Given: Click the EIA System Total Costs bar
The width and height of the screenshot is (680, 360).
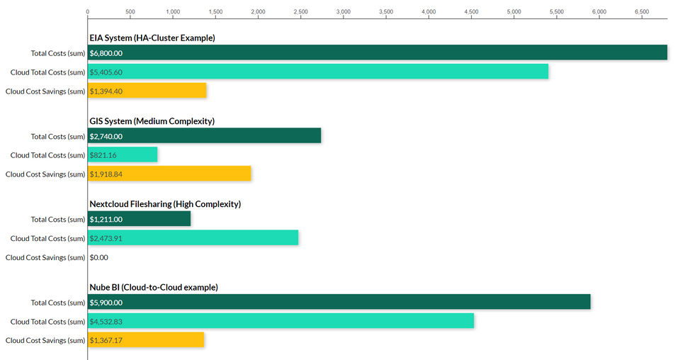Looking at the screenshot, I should click(377, 53).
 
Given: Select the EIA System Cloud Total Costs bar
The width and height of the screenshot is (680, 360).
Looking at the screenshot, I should click(317, 72).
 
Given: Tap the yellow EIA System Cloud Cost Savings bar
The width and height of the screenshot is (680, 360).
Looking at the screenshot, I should click(147, 91).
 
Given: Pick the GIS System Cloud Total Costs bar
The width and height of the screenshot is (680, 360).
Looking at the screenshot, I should click(122, 154).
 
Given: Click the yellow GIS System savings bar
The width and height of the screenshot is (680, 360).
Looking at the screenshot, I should click(169, 174).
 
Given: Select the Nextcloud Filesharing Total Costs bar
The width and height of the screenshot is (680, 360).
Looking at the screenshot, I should click(139, 219).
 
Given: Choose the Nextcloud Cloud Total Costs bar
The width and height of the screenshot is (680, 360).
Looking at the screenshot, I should click(193, 238).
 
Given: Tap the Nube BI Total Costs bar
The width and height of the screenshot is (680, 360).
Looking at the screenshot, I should click(339, 303).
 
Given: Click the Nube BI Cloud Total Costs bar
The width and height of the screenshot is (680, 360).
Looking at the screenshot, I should click(280, 321).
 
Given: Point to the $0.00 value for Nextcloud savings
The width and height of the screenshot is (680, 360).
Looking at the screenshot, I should click(99, 258).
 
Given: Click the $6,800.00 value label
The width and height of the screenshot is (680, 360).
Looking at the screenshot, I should click(106, 53).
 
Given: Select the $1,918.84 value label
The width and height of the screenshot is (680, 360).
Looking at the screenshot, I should click(106, 174).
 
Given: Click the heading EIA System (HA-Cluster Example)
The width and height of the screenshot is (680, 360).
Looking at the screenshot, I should click(152, 38).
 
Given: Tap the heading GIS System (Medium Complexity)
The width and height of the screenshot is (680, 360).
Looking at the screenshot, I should click(152, 121).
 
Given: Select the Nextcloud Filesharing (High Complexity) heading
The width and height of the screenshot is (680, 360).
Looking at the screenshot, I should click(165, 204).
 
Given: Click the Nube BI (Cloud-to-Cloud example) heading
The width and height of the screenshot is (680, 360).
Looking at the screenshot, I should click(153, 287).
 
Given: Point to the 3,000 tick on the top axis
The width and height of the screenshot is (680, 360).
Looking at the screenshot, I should click(344, 12).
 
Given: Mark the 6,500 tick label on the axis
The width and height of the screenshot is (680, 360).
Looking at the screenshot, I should click(642, 12).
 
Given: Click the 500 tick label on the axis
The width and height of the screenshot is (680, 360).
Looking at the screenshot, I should click(130, 12).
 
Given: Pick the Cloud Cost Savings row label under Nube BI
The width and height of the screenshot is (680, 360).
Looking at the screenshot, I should click(45, 340).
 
